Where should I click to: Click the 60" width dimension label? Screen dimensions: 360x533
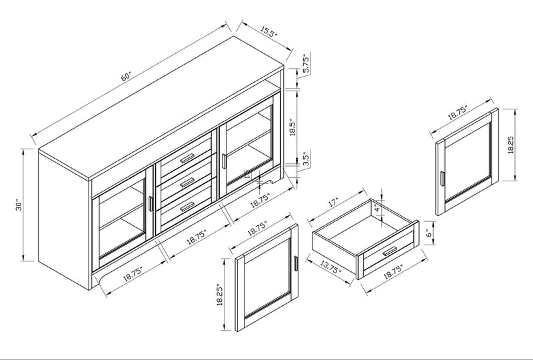point(126,75)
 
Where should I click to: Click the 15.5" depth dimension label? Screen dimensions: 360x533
point(268,31)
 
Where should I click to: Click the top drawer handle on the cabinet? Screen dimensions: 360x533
point(187,157)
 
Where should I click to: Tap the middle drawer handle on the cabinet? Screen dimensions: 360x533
point(187,181)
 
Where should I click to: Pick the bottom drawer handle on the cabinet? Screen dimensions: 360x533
point(187,205)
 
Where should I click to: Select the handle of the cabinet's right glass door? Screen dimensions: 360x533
point(225,160)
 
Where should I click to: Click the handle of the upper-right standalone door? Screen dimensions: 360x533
point(442,180)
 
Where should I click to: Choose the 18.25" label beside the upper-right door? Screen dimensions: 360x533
point(510,145)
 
